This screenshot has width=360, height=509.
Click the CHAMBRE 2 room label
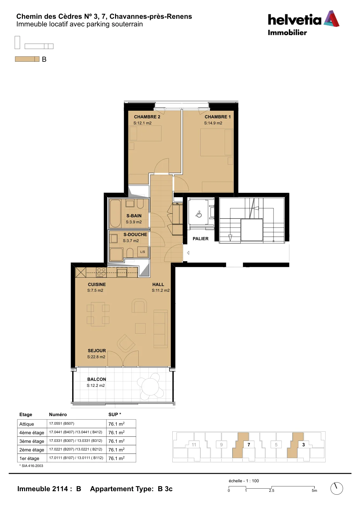(x=147, y=117)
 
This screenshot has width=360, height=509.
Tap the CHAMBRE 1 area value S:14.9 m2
(x=213, y=123)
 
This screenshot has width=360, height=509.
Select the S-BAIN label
(x=134, y=216)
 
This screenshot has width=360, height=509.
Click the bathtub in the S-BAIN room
(x=115, y=213)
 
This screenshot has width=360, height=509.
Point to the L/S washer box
(x=143, y=252)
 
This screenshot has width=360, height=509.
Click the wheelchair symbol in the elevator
(x=199, y=214)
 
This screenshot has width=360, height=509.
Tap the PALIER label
(x=201, y=239)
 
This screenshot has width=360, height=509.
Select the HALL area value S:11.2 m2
(x=161, y=290)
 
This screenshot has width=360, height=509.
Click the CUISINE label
(x=97, y=284)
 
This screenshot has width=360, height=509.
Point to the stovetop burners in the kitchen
(x=101, y=272)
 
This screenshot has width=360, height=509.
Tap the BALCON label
(x=97, y=379)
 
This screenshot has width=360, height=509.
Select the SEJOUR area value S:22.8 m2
(x=96, y=357)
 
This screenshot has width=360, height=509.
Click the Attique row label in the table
(x=27, y=424)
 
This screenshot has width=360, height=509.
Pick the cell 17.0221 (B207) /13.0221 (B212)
(x=76, y=449)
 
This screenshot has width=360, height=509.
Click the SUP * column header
(x=115, y=415)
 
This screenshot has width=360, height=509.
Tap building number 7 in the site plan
(x=249, y=445)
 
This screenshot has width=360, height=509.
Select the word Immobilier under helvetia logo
(x=287, y=32)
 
